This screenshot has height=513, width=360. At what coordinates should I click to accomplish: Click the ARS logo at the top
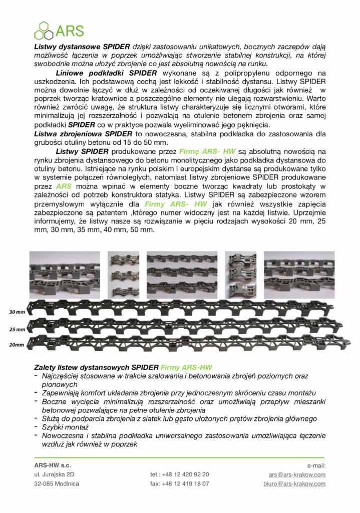(59, 30)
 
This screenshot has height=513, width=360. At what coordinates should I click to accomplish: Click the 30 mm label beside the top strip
(17, 312)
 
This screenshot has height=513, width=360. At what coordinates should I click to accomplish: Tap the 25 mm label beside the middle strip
(17, 330)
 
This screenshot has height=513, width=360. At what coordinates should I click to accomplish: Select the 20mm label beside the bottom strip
(17, 345)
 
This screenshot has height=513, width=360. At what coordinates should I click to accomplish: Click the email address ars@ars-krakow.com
(297, 474)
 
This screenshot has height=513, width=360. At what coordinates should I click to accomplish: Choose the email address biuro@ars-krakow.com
(294, 484)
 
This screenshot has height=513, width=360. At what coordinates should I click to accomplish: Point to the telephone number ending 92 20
(179, 474)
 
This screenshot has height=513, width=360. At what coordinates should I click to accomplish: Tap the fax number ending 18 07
(179, 484)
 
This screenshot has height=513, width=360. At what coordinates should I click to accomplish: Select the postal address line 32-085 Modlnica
(57, 484)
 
